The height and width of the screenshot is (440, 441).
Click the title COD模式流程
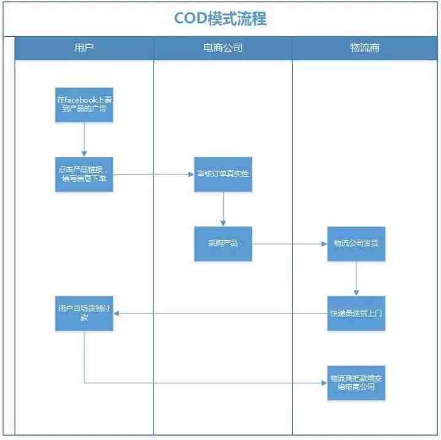(220, 18)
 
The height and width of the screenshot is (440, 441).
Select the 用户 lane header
(84, 47)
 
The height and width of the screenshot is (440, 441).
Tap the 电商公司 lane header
(223, 47)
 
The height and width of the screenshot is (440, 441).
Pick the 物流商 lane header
(365, 47)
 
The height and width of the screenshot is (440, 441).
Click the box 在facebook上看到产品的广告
(84, 104)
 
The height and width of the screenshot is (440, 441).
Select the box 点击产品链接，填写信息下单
(84, 174)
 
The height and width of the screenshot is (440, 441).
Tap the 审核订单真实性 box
(223, 174)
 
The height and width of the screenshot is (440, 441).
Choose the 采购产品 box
(223, 243)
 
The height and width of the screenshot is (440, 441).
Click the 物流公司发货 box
(356, 243)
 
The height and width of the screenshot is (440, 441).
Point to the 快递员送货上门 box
(356, 313)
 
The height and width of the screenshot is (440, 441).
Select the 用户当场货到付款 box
(84, 313)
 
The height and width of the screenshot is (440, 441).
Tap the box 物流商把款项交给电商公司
(356, 383)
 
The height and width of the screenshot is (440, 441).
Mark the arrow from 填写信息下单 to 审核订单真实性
(154, 174)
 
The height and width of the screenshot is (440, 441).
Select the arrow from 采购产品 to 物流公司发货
(289, 243)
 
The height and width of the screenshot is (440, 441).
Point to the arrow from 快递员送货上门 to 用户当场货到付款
(221, 313)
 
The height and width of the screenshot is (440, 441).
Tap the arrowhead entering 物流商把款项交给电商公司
(324, 383)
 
